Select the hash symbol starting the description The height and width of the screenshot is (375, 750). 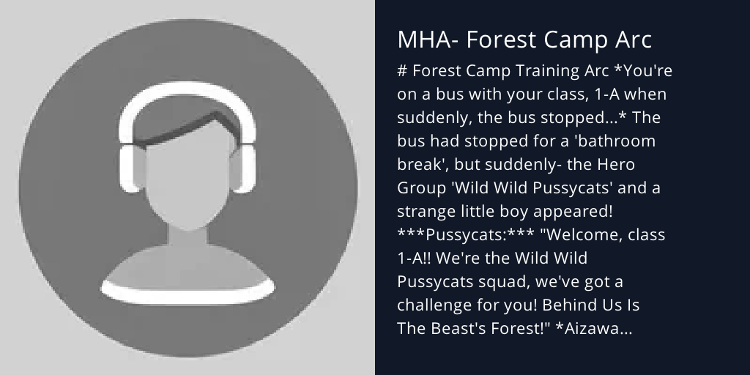402,71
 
